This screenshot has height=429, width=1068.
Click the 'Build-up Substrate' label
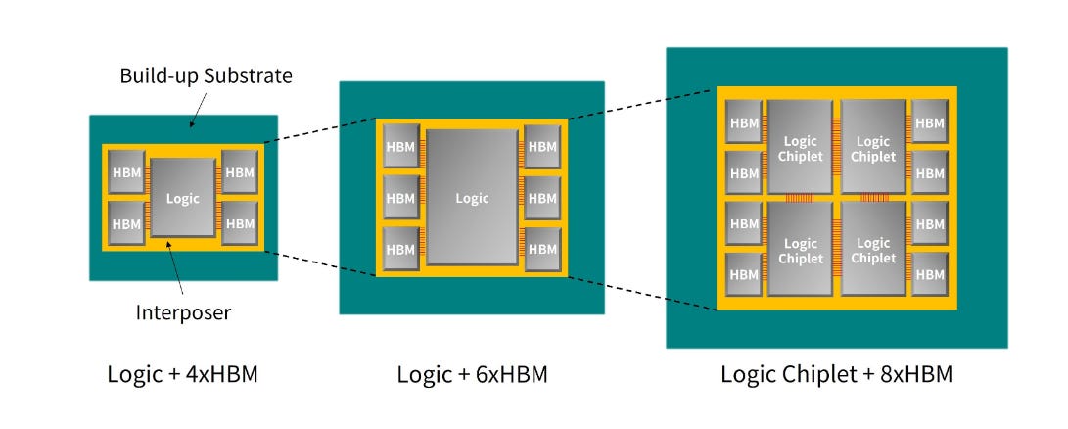pos(206,75)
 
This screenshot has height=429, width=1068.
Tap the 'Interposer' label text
pos(183,313)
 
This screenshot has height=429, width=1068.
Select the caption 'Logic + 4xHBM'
pos(182,374)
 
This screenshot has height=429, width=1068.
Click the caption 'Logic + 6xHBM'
pos(472,374)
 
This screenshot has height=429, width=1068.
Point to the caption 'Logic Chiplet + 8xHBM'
pos(836,374)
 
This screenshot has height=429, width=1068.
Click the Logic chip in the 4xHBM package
pos(182,198)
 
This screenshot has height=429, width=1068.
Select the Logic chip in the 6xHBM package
pos(472,197)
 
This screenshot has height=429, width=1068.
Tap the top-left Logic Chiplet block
pos(801,147)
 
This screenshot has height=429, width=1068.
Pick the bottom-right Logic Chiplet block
pos(873,249)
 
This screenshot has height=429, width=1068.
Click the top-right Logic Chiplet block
pos(873,147)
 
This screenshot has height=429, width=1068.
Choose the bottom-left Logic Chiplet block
pos(801,249)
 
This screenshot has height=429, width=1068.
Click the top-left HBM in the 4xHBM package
pos(126,171)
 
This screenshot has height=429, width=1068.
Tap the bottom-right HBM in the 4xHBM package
pos(240,223)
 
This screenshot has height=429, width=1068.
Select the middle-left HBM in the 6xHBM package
pos(400,198)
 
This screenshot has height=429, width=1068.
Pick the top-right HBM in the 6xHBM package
pos(542,146)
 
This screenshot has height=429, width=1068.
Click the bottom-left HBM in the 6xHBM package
pos(400,249)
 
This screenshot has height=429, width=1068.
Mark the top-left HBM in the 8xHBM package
pos(744,122)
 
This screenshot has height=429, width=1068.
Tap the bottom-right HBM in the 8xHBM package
pos(930,274)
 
